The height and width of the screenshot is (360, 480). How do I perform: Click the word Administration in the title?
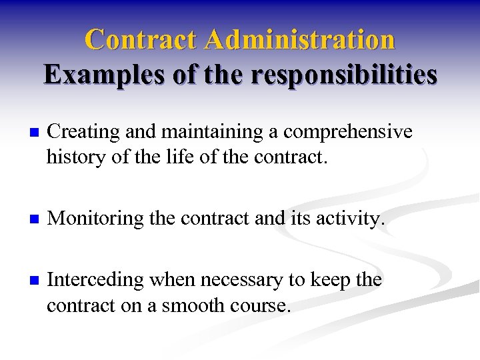(x=300, y=39)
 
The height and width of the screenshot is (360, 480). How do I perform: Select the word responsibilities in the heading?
(x=345, y=75)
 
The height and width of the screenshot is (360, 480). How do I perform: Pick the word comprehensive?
(x=348, y=133)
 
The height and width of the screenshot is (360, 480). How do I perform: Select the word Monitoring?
(x=96, y=218)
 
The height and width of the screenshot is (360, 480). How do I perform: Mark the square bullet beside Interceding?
(x=26, y=281)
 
